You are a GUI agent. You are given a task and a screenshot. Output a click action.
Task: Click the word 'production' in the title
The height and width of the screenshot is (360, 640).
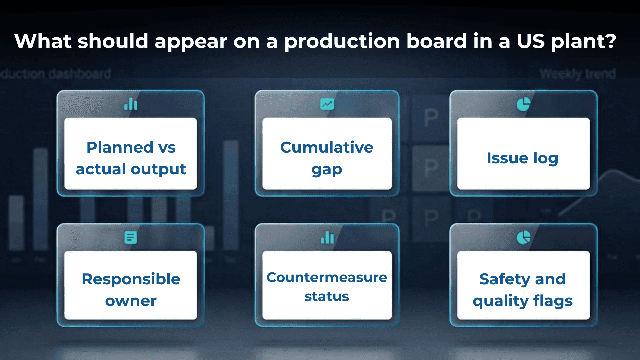click(x=342, y=42)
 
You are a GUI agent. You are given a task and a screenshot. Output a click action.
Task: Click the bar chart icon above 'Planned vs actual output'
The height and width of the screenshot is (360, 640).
click(x=131, y=104)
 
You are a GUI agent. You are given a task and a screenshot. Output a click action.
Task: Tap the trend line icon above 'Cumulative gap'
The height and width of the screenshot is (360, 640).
click(x=327, y=104)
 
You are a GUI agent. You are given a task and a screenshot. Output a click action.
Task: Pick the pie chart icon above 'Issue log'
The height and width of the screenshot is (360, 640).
click(x=523, y=104)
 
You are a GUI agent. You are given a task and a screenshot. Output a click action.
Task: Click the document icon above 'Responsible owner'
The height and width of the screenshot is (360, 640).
click(x=131, y=237)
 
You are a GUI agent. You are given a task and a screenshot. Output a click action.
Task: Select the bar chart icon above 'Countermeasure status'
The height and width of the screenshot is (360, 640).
click(x=327, y=237)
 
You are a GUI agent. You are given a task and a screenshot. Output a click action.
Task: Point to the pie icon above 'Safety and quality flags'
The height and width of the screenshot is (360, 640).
click(x=523, y=237)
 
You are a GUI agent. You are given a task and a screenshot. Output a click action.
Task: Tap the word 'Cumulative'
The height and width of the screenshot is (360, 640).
click(x=327, y=147)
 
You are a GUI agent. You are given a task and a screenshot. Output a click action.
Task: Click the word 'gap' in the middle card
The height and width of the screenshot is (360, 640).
click(x=327, y=170)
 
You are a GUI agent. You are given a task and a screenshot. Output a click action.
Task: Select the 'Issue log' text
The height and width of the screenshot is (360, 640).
click(x=522, y=158)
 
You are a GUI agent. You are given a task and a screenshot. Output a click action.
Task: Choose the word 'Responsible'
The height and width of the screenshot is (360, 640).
click(x=131, y=279)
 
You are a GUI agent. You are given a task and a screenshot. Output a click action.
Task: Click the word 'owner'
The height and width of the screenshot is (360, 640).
click(x=131, y=301)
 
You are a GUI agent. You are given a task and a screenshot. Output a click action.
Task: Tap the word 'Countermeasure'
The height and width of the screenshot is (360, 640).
click(x=327, y=277)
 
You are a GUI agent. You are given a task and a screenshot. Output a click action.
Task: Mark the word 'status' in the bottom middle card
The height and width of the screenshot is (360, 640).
click(x=327, y=296)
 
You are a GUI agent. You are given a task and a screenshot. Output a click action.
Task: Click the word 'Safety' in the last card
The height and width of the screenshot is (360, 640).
click(x=505, y=279)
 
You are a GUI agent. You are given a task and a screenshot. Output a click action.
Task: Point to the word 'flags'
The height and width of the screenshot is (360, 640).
click(x=553, y=301)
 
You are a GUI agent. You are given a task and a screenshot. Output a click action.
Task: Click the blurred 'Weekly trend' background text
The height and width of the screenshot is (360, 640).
click(x=578, y=74)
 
